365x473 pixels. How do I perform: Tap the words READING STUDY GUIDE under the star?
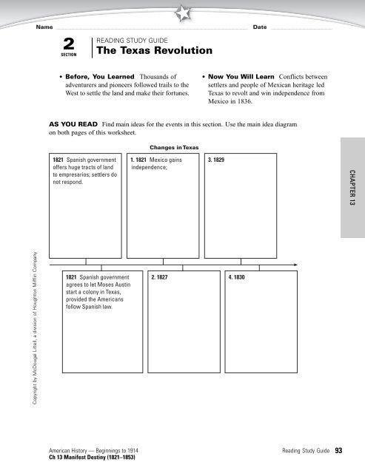[133, 39]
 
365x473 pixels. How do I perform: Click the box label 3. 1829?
[217, 159]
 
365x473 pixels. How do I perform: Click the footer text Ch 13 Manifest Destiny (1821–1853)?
[92, 457]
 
